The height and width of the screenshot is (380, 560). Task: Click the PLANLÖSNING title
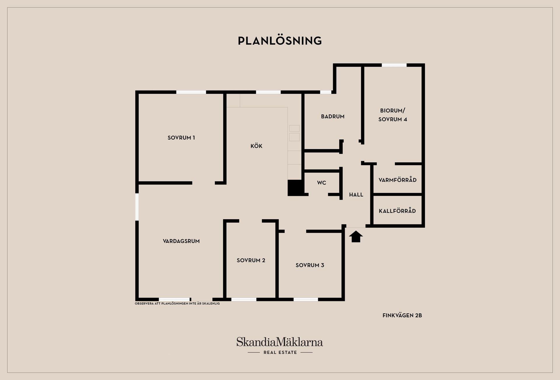(x=280, y=41)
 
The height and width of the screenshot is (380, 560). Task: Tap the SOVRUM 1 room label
(x=181, y=138)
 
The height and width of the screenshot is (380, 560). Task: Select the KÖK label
(x=256, y=146)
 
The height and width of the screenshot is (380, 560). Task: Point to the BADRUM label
(x=333, y=116)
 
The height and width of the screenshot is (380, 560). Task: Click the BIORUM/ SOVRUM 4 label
(x=393, y=115)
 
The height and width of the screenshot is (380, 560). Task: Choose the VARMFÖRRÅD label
(x=398, y=180)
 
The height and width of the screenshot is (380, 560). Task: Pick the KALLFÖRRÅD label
(x=397, y=211)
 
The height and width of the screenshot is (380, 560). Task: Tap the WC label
(x=322, y=183)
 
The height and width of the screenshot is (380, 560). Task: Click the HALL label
(x=356, y=195)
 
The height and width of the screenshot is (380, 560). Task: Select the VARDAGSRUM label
(x=181, y=241)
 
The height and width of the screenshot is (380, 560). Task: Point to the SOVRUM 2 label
(x=251, y=260)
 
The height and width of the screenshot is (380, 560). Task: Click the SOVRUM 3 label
(x=310, y=265)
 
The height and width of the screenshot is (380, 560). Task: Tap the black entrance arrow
(x=356, y=236)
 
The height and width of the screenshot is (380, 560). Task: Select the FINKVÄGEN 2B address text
(x=402, y=315)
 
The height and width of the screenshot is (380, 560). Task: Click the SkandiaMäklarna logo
(x=280, y=342)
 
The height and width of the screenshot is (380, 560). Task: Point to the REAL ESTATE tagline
(x=280, y=352)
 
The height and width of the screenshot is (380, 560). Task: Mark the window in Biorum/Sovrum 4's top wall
(x=394, y=65)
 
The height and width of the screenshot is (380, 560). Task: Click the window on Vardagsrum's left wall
(x=137, y=207)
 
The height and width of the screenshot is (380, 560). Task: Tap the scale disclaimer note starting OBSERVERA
(x=177, y=304)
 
